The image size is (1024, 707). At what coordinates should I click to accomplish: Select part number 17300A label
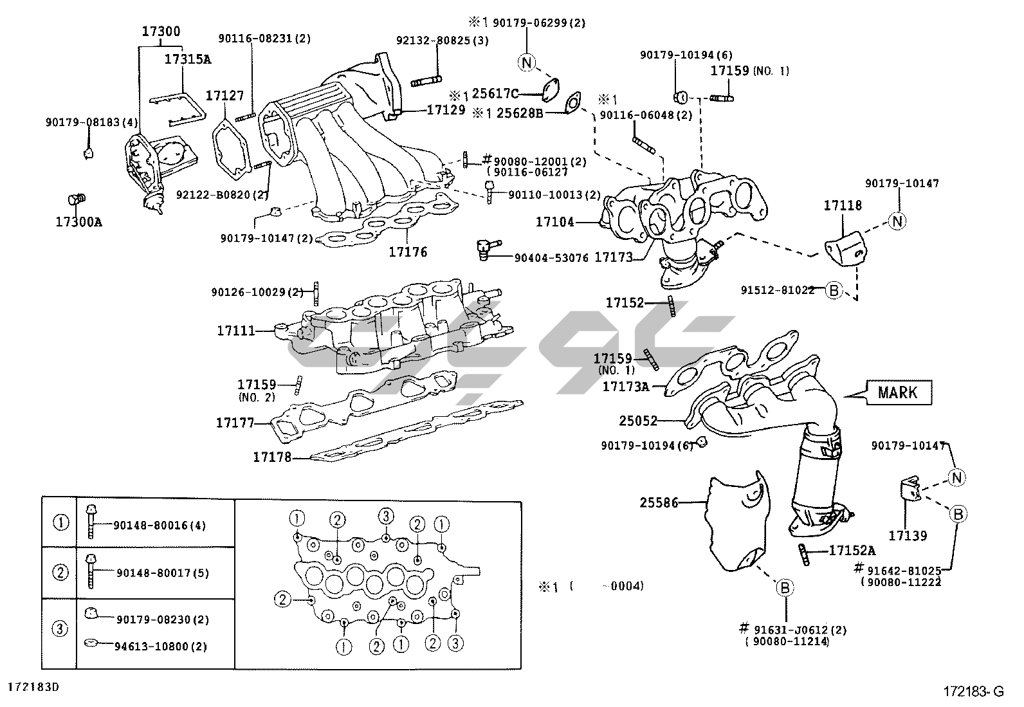pos(79,222)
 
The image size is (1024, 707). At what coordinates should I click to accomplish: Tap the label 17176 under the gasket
pos(408,252)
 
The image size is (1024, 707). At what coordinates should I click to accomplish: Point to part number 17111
pos(235,331)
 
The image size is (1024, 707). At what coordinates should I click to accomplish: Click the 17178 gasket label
pos(272,457)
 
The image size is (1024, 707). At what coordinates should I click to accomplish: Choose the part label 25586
pos(659,502)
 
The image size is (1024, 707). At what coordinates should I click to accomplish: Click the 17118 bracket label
pos(843,205)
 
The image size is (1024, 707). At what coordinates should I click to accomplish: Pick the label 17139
pos(908,535)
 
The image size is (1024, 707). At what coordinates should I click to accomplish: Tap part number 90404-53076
pos(551,258)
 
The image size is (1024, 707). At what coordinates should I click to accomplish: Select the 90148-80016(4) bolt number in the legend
pos(160,526)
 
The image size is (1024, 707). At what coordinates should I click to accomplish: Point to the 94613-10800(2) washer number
pos(161,647)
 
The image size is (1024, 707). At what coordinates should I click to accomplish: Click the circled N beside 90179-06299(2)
pos(527,62)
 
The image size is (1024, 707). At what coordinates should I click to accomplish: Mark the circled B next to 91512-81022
pos(834,290)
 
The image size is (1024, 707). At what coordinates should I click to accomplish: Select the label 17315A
pos(188,59)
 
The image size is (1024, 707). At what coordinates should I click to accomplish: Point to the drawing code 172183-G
pos(973,692)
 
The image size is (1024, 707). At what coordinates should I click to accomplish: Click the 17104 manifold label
pos(555,222)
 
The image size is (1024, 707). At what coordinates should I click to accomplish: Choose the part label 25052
pos(638,421)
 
